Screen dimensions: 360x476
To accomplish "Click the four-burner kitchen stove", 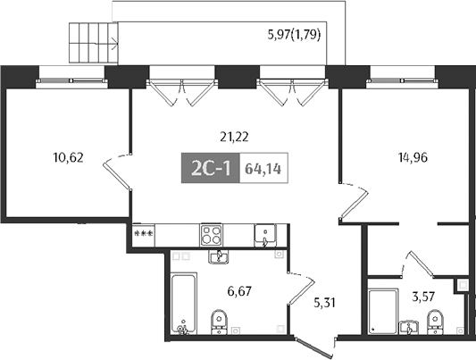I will pyautogui.click(x=213, y=235).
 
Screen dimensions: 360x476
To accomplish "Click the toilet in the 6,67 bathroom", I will pyautogui.click(x=218, y=322).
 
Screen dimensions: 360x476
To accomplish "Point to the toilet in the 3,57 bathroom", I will pyautogui.click(x=435, y=322).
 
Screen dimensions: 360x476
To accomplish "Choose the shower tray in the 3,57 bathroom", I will pyautogui.click(x=382, y=313).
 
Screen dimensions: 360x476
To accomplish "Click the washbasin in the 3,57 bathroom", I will pyautogui.click(x=411, y=325).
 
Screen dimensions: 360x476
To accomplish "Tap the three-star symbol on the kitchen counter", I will pyautogui.click(x=142, y=233).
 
